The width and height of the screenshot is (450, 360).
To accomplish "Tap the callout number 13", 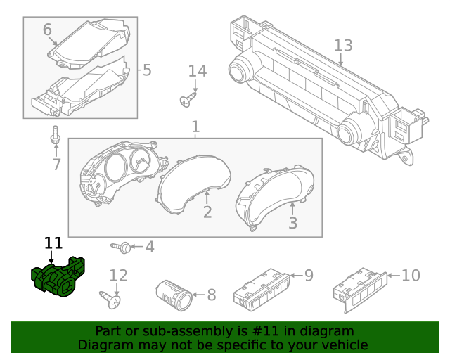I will click(x=342, y=46).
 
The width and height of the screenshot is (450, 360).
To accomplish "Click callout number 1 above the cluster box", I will click(x=195, y=127).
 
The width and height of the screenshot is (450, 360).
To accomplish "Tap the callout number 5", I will click(x=146, y=70).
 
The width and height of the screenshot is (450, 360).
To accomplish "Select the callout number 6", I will click(x=47, y=30).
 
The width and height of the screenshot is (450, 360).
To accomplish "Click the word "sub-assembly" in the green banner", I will click(x=169, y=331).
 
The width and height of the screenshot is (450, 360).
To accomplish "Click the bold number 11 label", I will click(x=53, y=243).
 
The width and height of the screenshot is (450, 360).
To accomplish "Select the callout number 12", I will click(x=118, y=276).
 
